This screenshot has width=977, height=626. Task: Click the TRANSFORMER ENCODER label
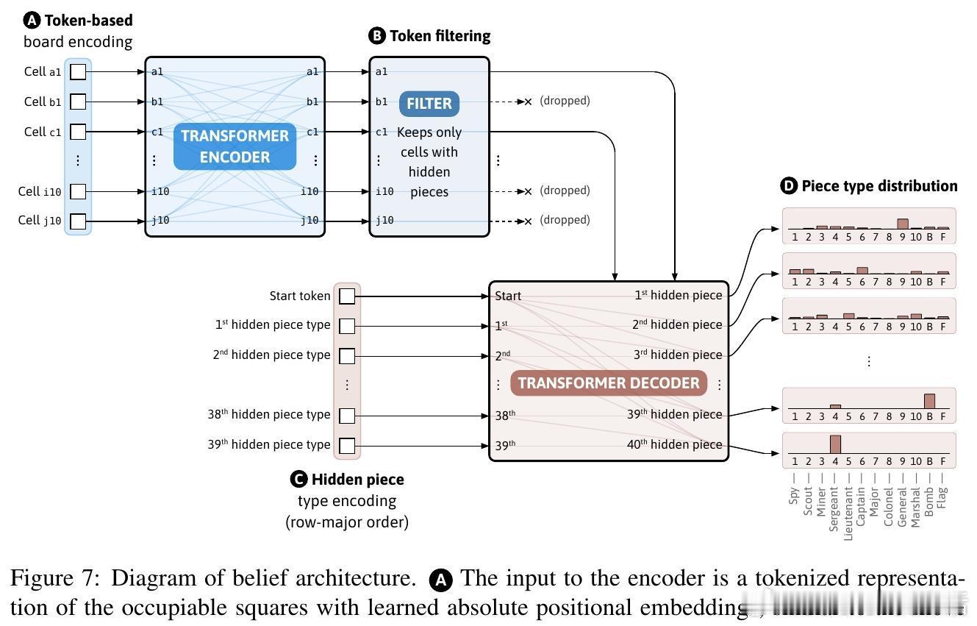point(235,146)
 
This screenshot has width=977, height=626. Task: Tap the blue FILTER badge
point(429,104)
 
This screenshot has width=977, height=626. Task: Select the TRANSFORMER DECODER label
point(609,383)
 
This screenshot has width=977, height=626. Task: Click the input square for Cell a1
point(78,71)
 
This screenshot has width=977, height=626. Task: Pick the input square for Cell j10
point(78,221)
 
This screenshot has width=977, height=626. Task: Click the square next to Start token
point(347,296)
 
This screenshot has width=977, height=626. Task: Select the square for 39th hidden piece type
point(347,445)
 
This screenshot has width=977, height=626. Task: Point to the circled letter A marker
point(32,21)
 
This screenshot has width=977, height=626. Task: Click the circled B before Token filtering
point(377,36)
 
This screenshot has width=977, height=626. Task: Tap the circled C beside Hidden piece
point(298,480)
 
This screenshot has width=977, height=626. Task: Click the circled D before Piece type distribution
point(789,186)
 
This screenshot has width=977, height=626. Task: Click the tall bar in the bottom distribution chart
point(835,444)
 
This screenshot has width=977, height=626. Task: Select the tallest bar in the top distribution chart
point(903,224)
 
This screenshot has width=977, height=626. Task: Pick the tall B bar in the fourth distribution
point(929,401)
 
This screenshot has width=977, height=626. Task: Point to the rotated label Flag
point(943,497)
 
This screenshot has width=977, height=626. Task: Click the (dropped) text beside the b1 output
point(565,101)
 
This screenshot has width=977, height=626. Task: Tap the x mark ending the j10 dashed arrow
point(528,221)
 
